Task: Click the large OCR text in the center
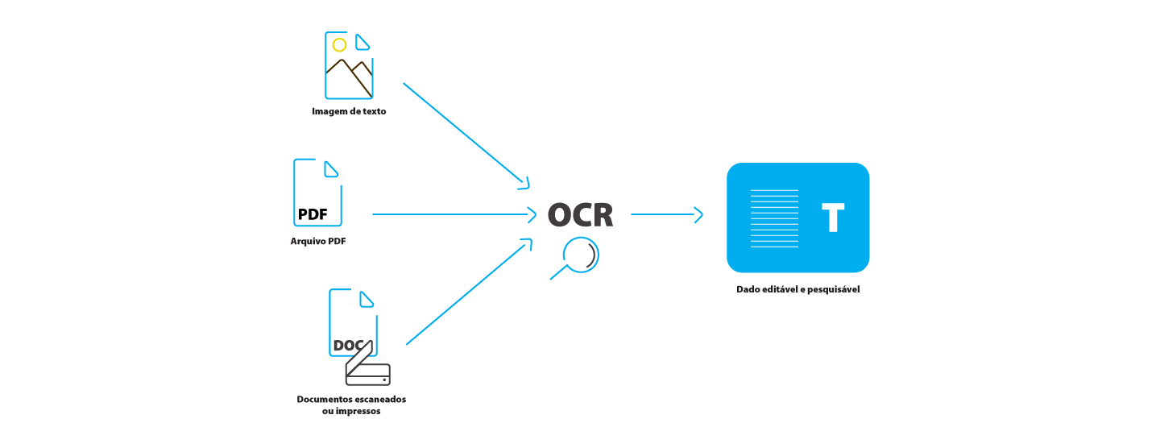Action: click(580, 215)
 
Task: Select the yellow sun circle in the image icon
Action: click(339, 45)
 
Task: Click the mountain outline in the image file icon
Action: click(349, 77)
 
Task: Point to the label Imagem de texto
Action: click(349, 111)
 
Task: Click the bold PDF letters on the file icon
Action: click(313, 214)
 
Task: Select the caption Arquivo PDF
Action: click(318, 241)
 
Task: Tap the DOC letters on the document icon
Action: click(348, 346)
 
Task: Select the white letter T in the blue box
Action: click(832, 218)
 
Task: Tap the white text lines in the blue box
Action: click(774, 218)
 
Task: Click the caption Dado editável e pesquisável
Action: click(797, 289)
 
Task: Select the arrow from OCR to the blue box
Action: click(666, 214)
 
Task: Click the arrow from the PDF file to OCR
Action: click(454, 214)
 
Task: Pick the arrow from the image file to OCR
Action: click(466, 135)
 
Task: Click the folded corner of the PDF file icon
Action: click(330, 169)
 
